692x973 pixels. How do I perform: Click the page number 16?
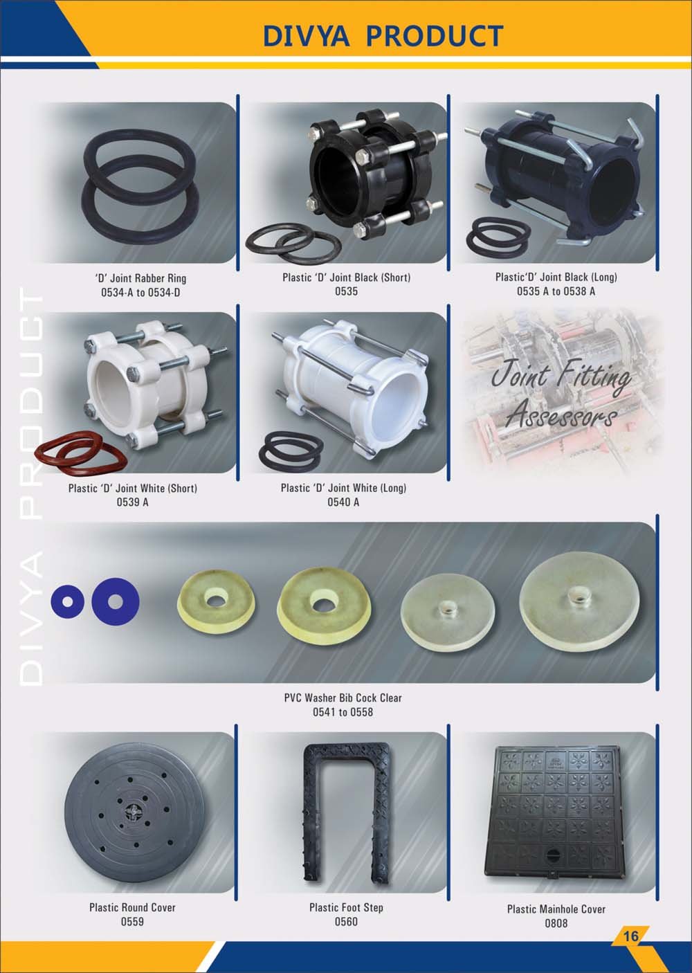[630, 936]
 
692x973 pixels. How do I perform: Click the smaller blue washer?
[67, 602]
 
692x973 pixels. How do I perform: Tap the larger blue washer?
[116, 601]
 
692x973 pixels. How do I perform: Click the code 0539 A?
[132, 502]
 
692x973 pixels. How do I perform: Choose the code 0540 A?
[343, 502]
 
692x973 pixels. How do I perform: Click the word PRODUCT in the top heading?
[435, 35]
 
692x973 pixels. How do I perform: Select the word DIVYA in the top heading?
[307, 35]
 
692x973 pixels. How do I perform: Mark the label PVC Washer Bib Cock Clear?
[343, 698]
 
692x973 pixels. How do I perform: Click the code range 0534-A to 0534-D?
[140, 293]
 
